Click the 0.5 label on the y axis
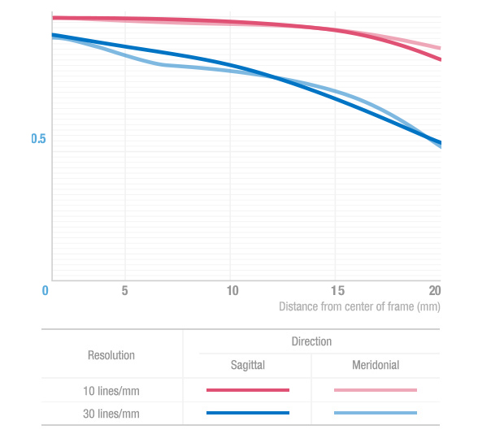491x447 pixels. [38, 139]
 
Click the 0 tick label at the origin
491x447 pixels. [46, 290]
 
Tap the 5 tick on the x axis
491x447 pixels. [124, 290]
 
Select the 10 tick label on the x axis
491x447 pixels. [232, 290]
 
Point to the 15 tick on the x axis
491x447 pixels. [337, 290]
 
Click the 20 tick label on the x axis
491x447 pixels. [435, 290]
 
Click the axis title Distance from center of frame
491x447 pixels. [359, 306]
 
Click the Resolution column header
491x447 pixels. [111, 355]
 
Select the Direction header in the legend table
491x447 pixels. [311, 341]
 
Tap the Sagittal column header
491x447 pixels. [247, 366]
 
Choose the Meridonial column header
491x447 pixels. [376, 366]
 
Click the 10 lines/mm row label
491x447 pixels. [111, 390]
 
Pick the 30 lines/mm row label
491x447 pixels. [111, 414]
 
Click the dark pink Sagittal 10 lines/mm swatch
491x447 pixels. [248, 390]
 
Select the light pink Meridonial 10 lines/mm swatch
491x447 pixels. [376, 390]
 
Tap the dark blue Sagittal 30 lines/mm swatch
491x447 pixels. [248, 414]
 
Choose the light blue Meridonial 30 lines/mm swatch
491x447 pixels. [376, 414]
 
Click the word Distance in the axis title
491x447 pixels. [299, 306]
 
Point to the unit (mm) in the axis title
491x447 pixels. [428, 306]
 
